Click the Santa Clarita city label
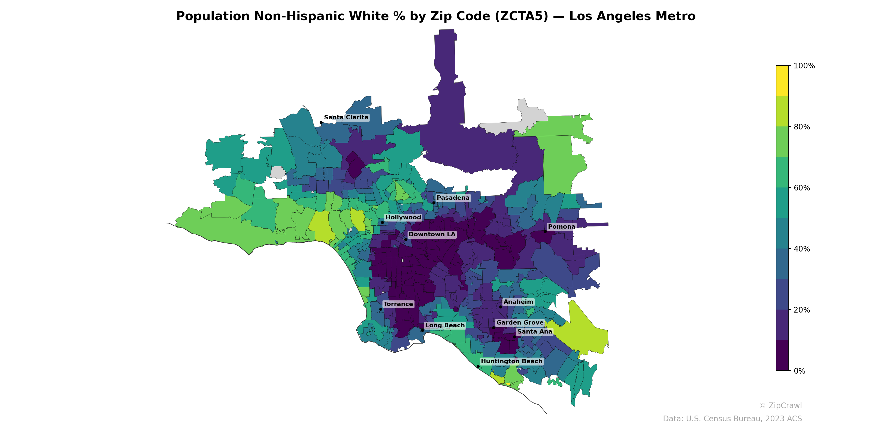[x=346, y=117]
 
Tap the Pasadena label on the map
[x=453, y=198]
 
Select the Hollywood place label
[x=403, y=217]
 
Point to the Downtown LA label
[x=432, y=234]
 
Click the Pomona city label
[x=562, y=227]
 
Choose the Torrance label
[x=398, y=304]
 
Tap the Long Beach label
[x=445, y=325]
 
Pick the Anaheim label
[x=518, y=302]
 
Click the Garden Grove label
[x=520, y=323]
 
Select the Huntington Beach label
[x=511, y=362]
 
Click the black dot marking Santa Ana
[x=514, y=337]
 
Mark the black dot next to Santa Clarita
[x=321, y=123]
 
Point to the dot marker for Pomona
[x=545, y=232]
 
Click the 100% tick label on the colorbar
[x=804, y=66]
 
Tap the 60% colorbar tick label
[x=802, y=188]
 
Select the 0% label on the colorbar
[x=800, y=371]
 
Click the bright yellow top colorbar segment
[x=782, y=81]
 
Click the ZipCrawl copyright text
[x=780, y=405]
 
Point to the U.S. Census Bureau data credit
[x=732, y=419]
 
